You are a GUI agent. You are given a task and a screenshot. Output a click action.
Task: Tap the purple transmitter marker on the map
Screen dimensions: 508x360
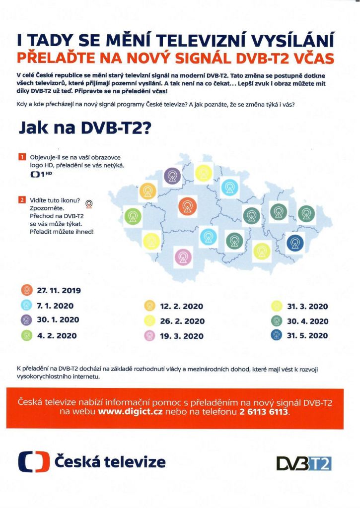172,176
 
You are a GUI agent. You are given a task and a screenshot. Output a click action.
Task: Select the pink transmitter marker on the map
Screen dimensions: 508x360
183,256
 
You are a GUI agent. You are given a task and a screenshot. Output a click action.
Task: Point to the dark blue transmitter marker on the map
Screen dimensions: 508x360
295,243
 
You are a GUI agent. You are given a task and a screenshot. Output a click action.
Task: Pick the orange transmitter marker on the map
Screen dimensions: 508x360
148,190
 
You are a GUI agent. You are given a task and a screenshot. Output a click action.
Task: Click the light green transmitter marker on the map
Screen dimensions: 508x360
133,216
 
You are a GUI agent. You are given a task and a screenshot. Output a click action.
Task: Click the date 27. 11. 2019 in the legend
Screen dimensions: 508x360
59,291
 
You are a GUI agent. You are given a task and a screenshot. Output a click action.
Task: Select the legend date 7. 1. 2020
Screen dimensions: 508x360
56,305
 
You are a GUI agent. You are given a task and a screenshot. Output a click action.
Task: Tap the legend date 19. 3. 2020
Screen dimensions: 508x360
182,336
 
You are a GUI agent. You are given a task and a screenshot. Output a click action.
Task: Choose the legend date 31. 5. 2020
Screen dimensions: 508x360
307,335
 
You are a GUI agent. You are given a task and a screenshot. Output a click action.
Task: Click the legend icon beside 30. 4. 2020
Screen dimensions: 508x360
277,321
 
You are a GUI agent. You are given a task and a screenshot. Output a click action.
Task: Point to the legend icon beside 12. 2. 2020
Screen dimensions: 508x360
149,306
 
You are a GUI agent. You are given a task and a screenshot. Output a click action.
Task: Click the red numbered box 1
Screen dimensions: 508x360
22,157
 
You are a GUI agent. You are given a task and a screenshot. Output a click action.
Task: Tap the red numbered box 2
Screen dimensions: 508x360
22,200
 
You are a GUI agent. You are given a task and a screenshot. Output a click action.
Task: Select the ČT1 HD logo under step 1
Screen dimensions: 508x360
41,175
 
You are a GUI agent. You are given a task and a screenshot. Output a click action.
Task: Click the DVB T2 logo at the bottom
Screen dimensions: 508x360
303,463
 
